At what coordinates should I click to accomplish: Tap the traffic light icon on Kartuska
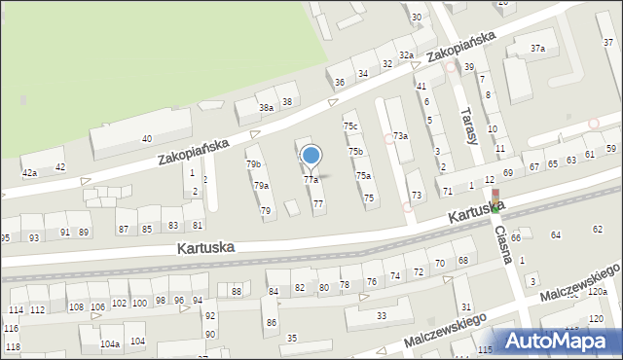495,200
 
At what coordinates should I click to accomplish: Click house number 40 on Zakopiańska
147,139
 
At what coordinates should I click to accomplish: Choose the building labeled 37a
537,48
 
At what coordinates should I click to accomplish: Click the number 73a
399,136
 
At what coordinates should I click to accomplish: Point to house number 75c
350,127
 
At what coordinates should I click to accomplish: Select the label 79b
253,164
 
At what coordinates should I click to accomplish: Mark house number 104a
110,343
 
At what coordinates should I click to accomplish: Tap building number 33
382,315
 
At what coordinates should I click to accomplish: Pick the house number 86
272,322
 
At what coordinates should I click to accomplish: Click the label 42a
29,172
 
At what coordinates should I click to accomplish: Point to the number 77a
311,180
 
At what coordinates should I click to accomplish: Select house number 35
292,338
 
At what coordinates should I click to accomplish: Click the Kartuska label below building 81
205,248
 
